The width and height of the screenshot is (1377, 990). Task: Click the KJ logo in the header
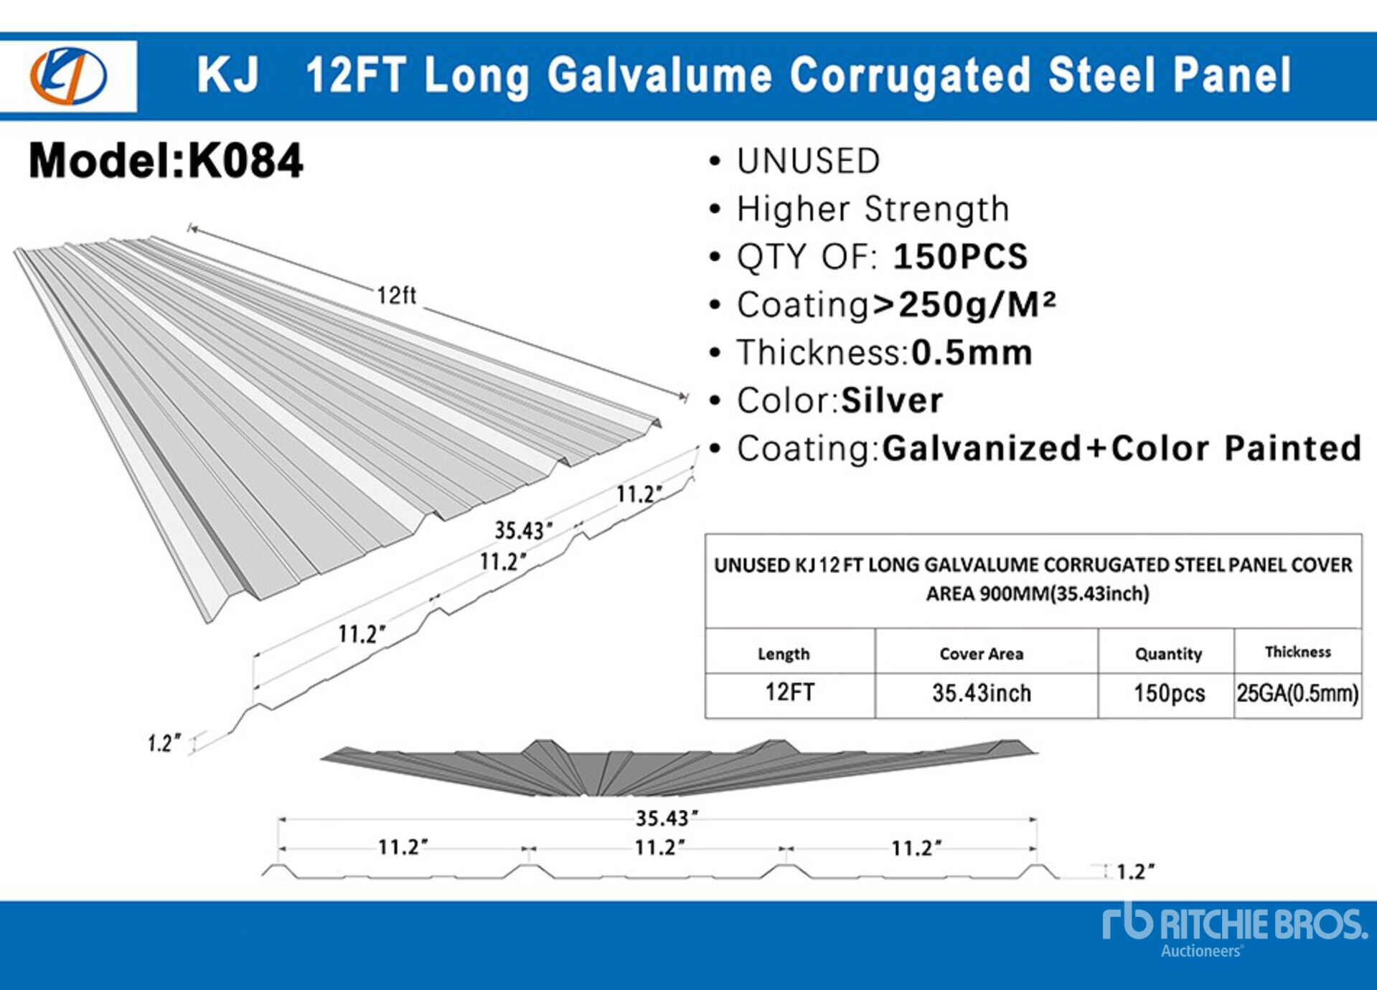pos(68,75)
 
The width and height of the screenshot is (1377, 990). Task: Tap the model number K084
pos(245,161)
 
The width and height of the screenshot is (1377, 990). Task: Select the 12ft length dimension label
pos(397,296)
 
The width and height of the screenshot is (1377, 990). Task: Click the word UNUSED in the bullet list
pos(808,161)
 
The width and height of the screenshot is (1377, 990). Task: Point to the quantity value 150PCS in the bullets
pos(960,257)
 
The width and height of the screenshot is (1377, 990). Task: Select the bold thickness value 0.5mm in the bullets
pos(972,353)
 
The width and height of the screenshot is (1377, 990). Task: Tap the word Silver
pos(892,400)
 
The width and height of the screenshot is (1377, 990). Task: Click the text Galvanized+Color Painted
pos(1121,448)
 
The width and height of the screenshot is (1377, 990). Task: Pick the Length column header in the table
pos(784,654)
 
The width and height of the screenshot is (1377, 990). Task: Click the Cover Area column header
pos(981,654)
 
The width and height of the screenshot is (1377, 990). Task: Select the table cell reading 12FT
pos(789,692)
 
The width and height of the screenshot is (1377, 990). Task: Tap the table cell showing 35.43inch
pos(981,693)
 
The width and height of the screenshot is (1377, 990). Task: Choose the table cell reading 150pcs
pos(1169,693)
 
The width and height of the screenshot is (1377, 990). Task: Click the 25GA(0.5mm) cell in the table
pos(1297,693)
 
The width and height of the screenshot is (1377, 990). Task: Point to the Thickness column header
pos(1297,651)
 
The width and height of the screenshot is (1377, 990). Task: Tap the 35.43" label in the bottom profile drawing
pos(667,818)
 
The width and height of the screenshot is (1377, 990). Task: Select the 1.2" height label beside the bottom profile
pos(1135,872)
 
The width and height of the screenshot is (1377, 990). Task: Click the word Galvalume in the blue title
pos(659,75)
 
